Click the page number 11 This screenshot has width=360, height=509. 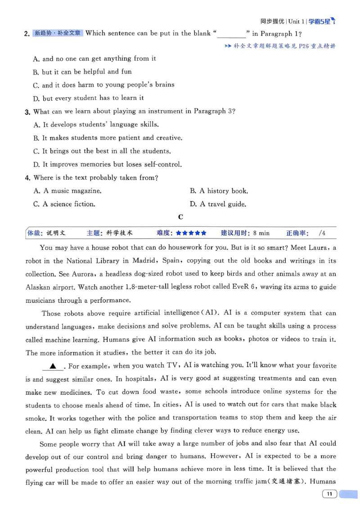click(x=330, y=494)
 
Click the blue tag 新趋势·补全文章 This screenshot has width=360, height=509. click(x=58, y=33)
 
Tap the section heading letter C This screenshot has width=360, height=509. click(x=180, y=217)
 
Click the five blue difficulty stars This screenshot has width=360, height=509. click(x=191, y=233)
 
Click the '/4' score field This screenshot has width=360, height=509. click(x=321, y=233)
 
